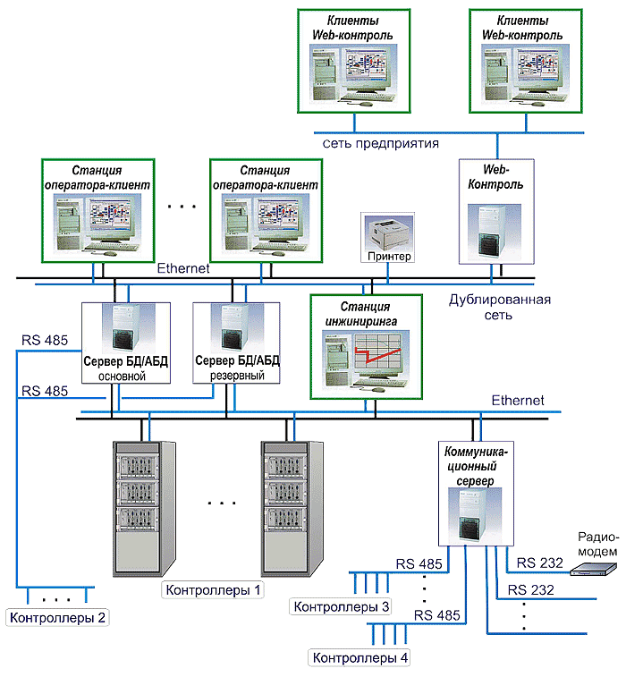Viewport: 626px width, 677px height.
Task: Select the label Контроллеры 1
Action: coord(212,590)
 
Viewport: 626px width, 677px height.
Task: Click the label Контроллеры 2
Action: coord(58,616)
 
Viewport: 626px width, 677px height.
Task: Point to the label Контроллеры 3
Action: coord(342,607)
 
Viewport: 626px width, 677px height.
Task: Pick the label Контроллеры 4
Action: coord(360,658)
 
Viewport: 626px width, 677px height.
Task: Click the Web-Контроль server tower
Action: coord(493,227)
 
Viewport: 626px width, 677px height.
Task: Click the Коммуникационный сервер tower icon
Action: coord(476,520)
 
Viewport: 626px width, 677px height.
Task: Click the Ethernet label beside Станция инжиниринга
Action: coord(518,401)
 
